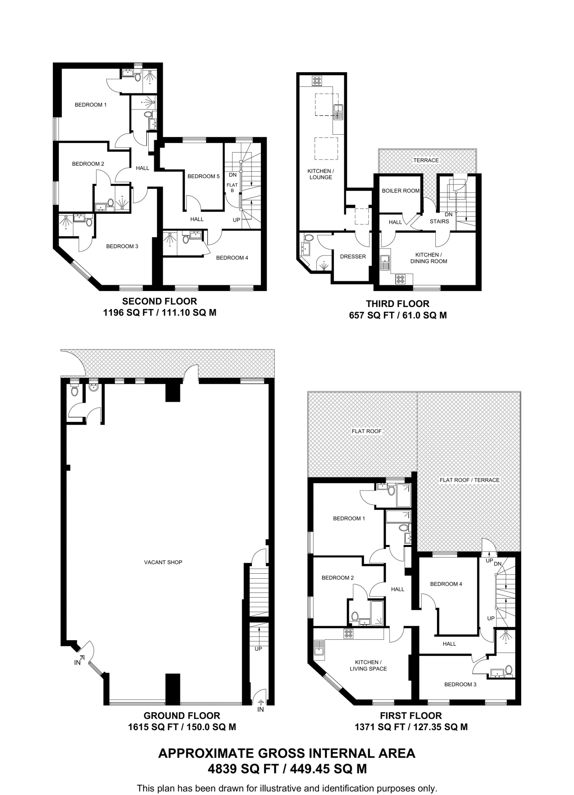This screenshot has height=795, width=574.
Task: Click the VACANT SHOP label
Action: pos(163,562)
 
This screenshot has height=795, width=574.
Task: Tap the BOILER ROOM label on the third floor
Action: pos(401,191)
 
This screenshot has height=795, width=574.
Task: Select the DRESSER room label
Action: pos(353,257)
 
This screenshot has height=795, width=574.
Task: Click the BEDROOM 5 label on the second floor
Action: pos(203,176)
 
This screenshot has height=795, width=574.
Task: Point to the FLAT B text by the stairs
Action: pos(232,187)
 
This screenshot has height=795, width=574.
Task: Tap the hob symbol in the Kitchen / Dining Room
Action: pos(400,279)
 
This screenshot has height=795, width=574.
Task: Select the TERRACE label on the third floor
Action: pos(426,160)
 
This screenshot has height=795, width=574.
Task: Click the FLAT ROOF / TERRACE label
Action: pos(469,480)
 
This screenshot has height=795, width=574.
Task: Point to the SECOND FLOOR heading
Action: pos(160,301)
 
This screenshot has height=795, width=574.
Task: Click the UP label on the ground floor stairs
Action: pos(258,649)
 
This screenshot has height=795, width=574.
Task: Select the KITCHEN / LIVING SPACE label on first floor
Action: pos(368,665)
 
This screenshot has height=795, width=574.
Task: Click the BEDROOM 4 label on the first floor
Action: pos(446,584)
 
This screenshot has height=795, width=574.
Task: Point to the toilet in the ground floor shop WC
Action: pos(75,391)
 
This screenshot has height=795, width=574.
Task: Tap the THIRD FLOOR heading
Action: pos(397,304)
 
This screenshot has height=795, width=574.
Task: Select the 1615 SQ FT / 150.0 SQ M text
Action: pos(182,727)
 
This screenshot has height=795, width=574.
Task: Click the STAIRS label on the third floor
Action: pos(439,221)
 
